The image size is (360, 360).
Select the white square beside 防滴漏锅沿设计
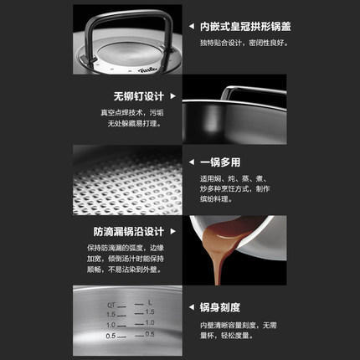tap(168, 232)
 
